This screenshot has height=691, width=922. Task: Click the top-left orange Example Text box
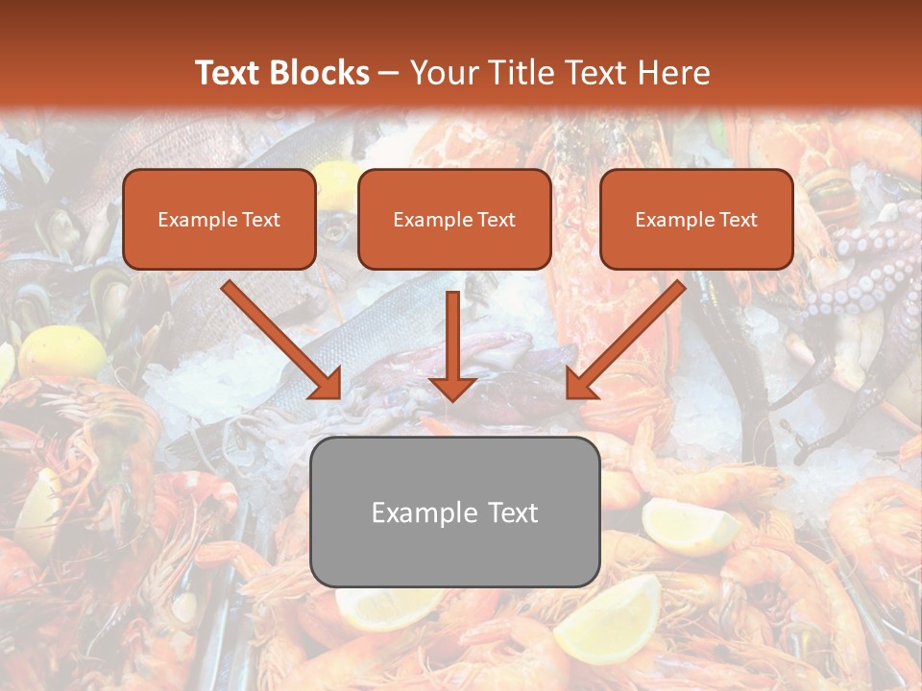pyautogui.click(x=219, y=219)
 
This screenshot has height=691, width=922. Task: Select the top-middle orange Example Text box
pyautogui.click(x=454, y=219)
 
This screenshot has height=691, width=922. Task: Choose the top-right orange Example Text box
pyautogui.click(x=696, y=219)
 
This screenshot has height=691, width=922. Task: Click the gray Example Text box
pyautogui.click(x=455, y=512)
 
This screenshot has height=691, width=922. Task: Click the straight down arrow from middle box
pyautogui.click(x=452, y=345)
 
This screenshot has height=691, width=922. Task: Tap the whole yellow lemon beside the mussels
pyautogui.click(x=60, y=352)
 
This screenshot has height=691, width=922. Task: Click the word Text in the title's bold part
pyautogui.click(x=228, y=73)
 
